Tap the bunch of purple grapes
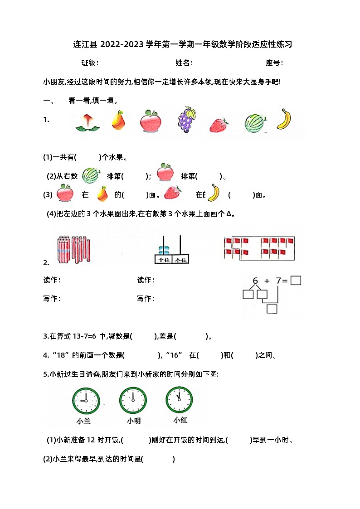(186, 120)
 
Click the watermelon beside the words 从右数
(91, 175)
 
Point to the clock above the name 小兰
(85, 401)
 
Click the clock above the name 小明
(133, 401)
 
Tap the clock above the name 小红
(179, 400)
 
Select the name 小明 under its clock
(134, 421)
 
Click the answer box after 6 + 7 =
(296, 281)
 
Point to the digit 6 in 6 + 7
(255, 281)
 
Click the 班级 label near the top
(89, 63)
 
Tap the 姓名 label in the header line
(184, 63)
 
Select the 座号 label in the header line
(274, 63)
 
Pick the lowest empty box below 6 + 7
(272, 309)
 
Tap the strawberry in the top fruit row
(219, 124)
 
